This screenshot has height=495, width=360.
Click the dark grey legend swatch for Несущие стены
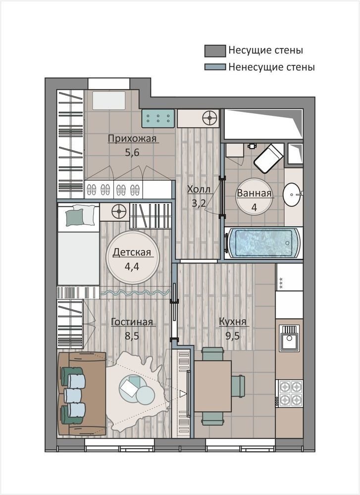point(215,51)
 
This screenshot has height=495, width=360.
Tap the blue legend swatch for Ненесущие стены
point(215,67)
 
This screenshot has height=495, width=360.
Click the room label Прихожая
point(132,139)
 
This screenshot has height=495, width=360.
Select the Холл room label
point(199,190)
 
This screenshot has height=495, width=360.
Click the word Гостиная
point(132,322)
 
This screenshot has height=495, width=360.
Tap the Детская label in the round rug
point(132,252)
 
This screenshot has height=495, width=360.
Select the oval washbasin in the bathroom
point(292,195)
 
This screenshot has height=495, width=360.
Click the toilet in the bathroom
point(268,158)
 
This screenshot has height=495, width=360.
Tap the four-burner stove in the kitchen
point(290,393)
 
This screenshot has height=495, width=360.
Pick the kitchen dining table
point(213,387)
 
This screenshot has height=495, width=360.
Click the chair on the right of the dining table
point(238,386)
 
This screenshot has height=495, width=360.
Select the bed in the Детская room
point(78,245)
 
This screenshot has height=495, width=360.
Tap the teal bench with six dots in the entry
point(158,118)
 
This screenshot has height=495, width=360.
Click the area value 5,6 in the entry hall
point(132,152)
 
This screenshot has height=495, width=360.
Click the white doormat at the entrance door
point(109,100)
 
